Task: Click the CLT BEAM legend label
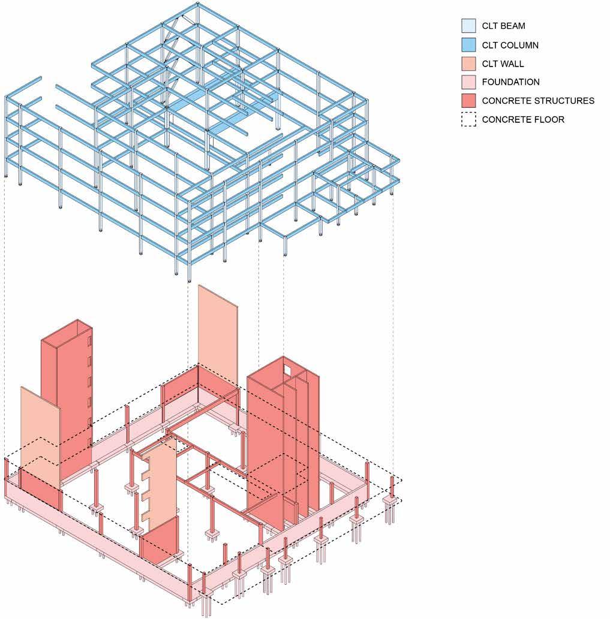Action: (x=503, y=26)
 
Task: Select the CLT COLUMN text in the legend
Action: (x=510, y=45)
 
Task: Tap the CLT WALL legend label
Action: (x=503, y=64)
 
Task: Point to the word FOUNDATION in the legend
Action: (x=510, y=82)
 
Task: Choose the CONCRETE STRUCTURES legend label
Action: (x=538, y=101)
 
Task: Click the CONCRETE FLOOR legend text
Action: (x=523, y=119)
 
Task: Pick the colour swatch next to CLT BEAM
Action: (x=468, y=26)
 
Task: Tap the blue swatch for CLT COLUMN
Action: (x=468, y=45)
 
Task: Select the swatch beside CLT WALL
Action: (x=468, y=64)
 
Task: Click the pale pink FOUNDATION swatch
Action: (x=468, y=82)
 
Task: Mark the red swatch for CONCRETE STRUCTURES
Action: (x=468, y=101)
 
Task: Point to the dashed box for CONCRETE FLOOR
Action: (x=468, y=119)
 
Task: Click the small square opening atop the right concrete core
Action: (x=288, y=369)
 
